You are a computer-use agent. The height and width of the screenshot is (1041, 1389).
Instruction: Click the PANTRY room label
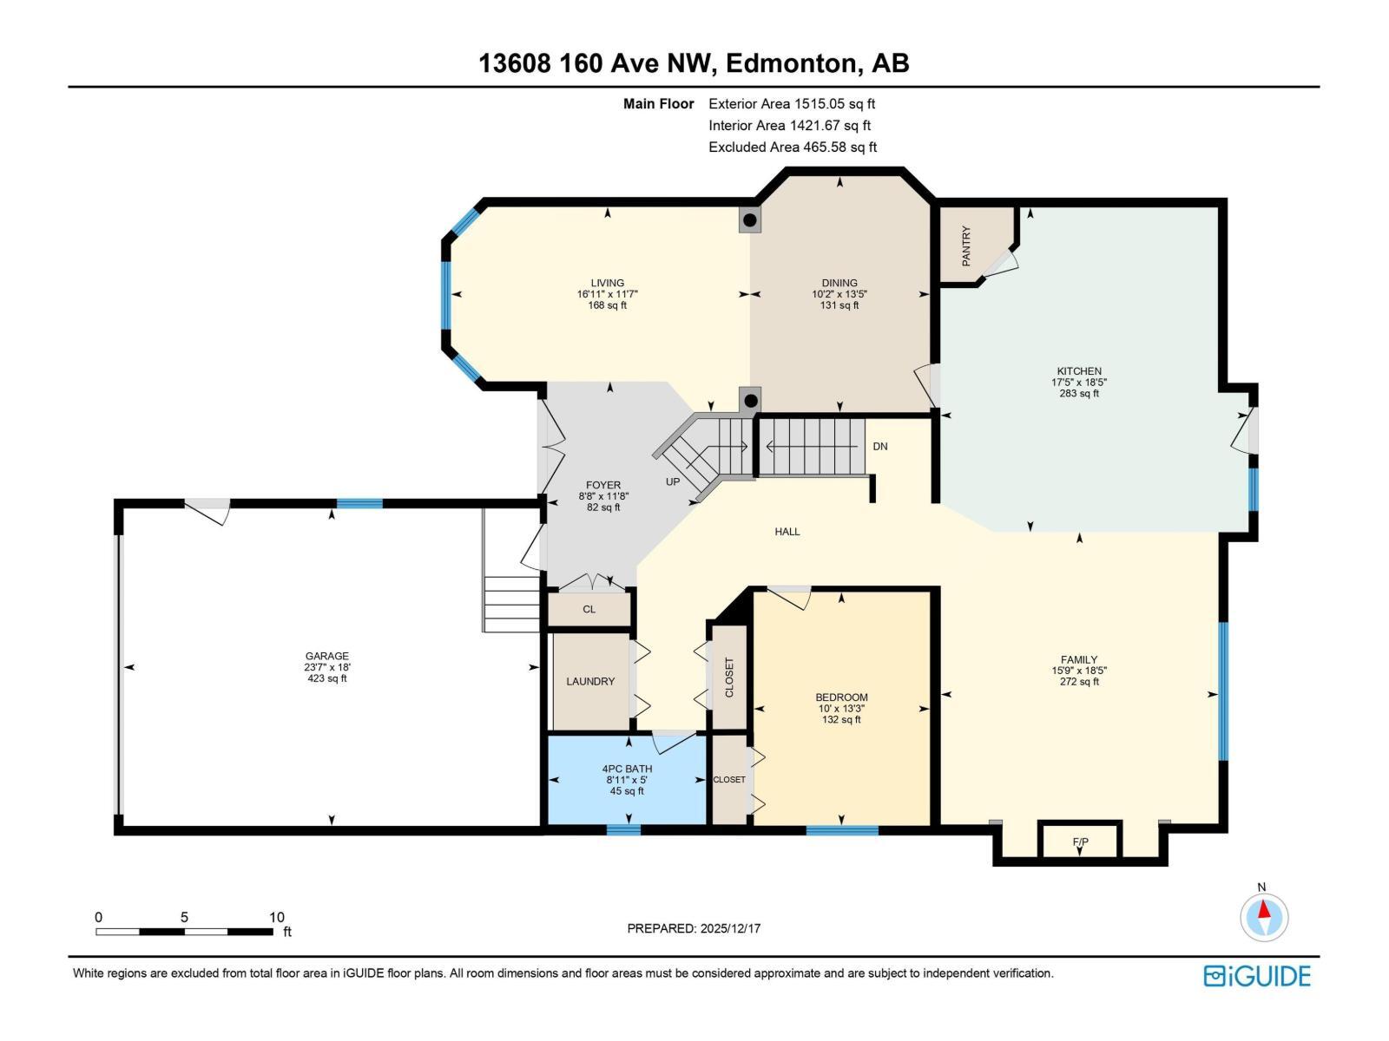point(965,246)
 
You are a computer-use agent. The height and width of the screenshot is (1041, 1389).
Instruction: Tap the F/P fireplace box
point(1080,841)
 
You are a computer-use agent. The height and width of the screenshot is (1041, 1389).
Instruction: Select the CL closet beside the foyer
point(589,609)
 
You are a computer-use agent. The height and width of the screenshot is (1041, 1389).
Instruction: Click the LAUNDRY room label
point(590,682)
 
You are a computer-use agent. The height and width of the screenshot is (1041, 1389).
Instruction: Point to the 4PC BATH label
point(627,769)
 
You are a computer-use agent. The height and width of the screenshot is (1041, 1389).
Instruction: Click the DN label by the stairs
point(880,446)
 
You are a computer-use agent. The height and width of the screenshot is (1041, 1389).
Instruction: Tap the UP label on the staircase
point(673,481)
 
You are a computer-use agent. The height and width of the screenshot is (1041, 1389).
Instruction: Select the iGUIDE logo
point(1256,976)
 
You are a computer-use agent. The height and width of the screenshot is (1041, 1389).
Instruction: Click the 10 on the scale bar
point(276,917)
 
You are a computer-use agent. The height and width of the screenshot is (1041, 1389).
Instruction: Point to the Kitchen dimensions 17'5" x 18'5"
point(1079,382)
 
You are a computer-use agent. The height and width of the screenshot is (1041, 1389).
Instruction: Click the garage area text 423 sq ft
point(326,678)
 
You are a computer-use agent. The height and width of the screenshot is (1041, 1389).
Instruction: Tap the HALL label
point(787,532)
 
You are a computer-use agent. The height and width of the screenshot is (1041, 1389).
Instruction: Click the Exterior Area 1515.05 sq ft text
point(792,104)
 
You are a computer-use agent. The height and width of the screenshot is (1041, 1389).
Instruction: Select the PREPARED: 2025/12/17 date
point(694,928)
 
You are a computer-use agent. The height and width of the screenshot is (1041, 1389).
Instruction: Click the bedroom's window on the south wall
point(841,831)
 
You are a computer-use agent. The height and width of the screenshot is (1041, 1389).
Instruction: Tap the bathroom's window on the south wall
point(622,830)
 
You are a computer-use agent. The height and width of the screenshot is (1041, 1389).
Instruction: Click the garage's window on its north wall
point(359,503)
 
